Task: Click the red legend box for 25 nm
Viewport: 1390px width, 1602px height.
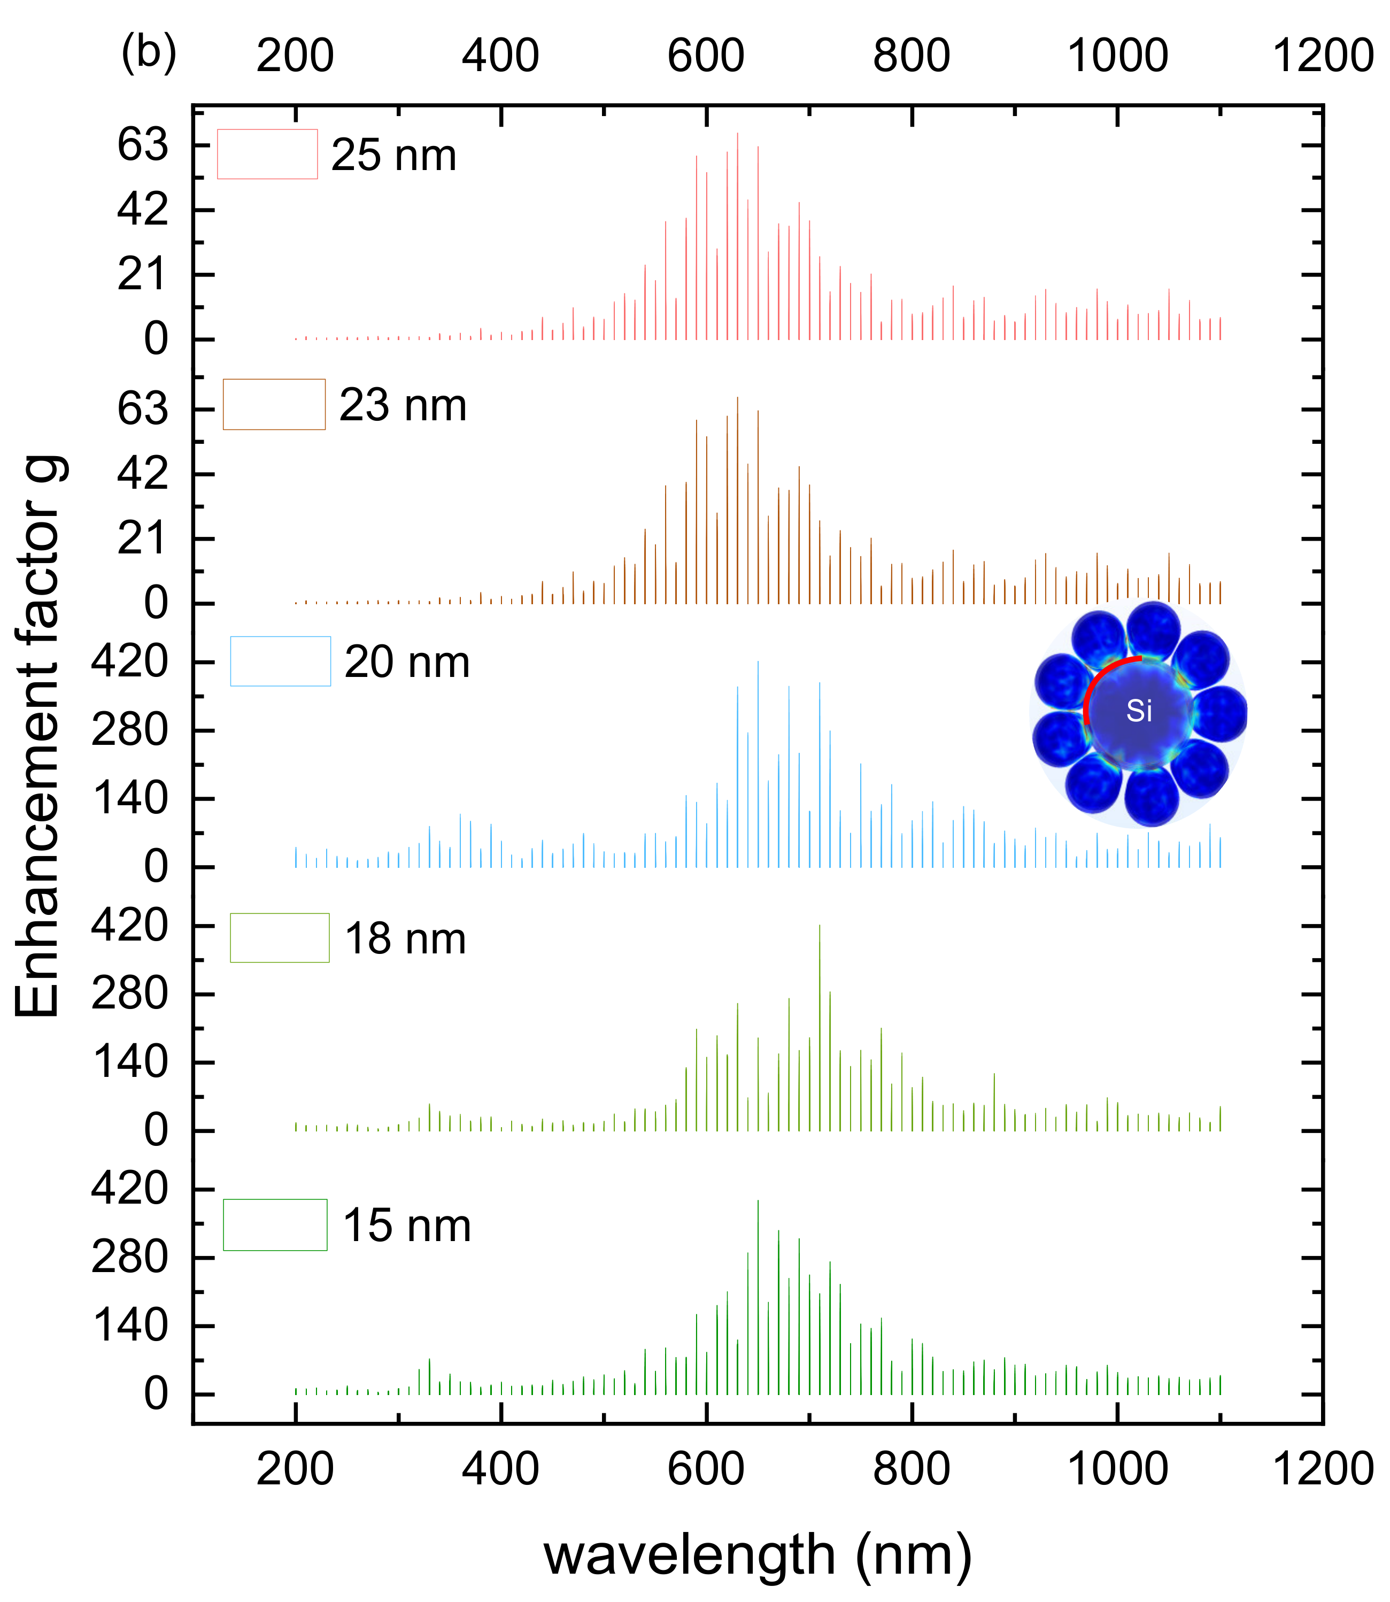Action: click(x=267, y=155)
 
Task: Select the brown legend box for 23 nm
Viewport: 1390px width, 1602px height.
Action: click(x=274, y=404)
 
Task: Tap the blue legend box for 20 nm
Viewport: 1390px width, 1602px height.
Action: click(x=280, y=661)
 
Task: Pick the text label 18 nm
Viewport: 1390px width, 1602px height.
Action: click(x=405, y=939)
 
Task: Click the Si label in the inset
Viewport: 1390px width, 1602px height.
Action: click(x=1139, y=711)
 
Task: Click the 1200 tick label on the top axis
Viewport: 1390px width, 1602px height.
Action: click(x=1323, y=56)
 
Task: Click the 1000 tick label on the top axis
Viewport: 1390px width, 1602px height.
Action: click(x=1118, y=56)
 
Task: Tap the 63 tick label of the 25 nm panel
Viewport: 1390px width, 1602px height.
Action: click(x=143, y=144)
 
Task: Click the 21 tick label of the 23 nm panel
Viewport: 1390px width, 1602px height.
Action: click(x=143, y=538)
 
